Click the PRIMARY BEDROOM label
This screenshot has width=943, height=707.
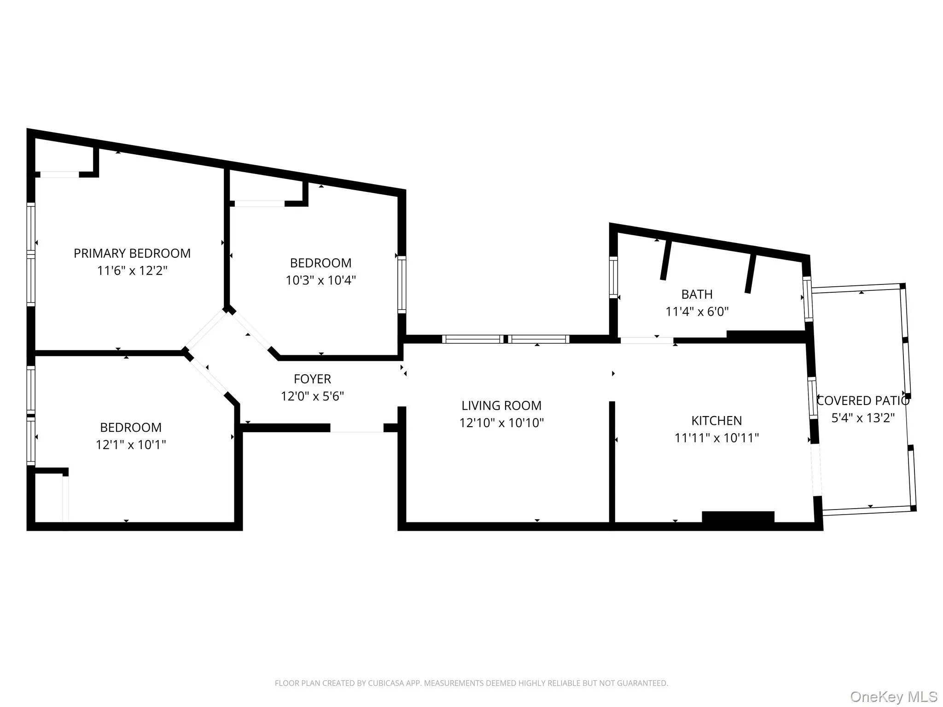[132, 253]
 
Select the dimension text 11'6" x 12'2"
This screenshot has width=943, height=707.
[132, 271]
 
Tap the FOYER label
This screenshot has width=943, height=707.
[312, 379]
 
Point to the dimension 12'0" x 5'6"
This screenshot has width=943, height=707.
[312, 396]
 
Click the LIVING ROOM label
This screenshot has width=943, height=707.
[501, 406]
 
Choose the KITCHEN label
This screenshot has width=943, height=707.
[716, 420]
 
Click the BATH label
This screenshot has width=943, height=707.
[697, 294]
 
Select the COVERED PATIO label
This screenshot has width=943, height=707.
[862, 400]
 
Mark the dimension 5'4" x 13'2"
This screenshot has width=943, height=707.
[862, 418]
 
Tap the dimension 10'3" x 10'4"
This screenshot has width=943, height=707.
[320, 280]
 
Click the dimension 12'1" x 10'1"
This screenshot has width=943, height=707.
[131, 445]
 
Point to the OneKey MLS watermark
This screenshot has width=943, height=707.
[893, 697]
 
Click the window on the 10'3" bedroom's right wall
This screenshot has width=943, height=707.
[402, 284]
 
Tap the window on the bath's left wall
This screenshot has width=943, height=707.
[613, 277]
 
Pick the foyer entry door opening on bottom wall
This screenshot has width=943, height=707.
[356, 428]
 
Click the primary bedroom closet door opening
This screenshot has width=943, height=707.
[59, 174]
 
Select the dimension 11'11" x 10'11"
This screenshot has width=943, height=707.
[716, 438]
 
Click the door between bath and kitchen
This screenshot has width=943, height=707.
[646, 341]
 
